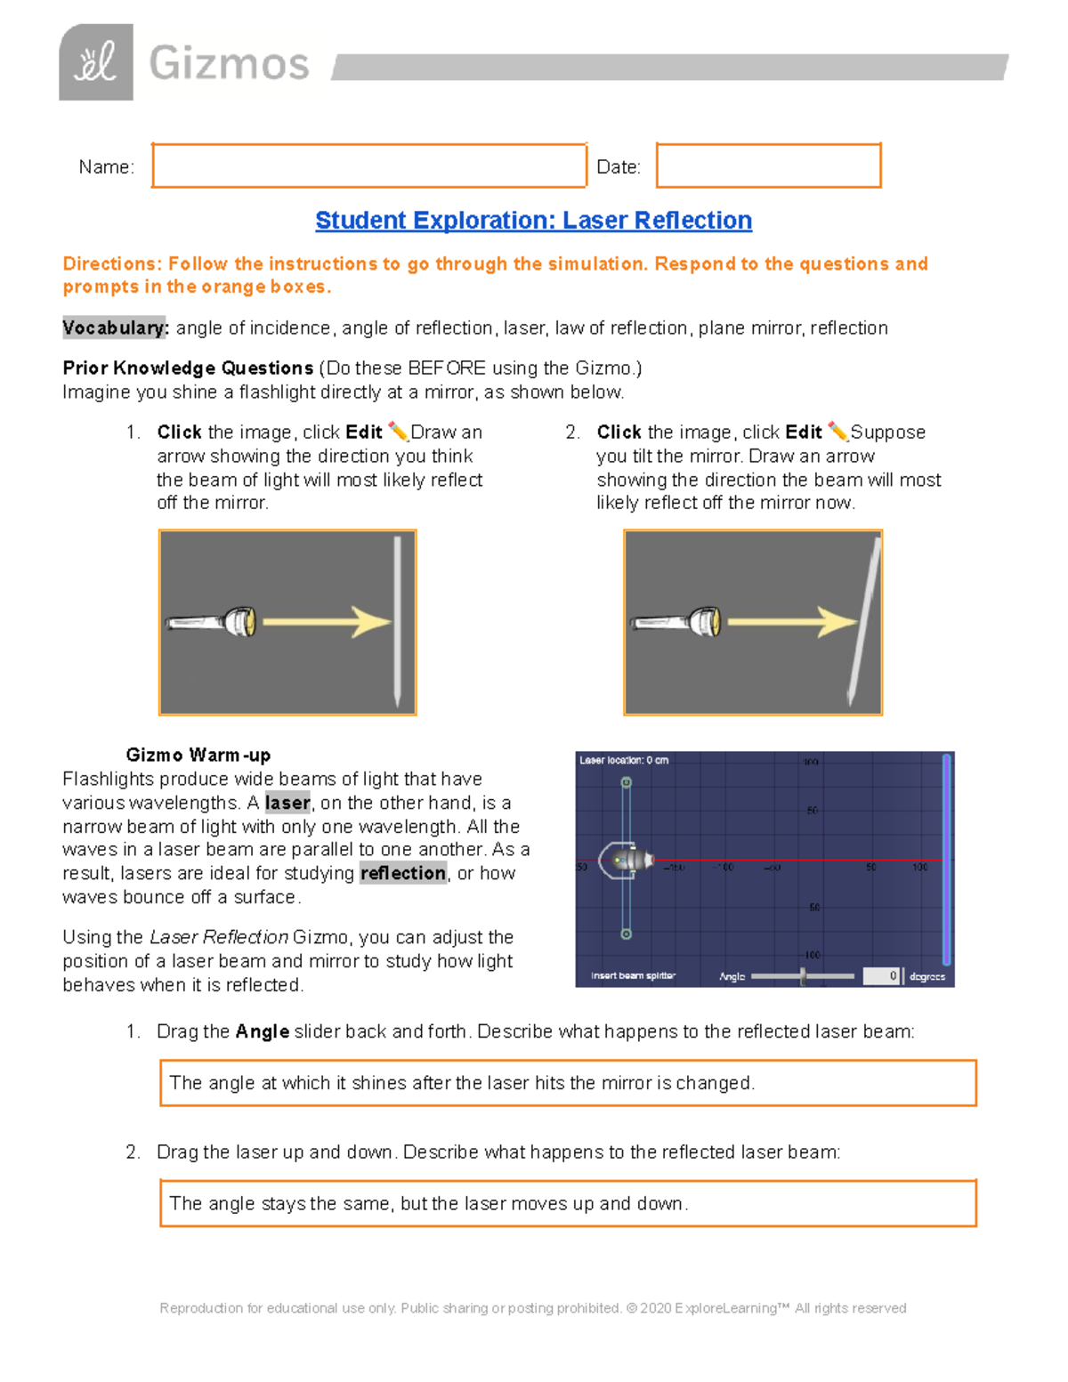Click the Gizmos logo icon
[96, 62]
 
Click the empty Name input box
[368, 166]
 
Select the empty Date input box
[768, 166]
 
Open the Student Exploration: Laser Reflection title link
[533, 220]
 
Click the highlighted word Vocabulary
[115, 327]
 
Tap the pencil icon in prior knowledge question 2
[837, 432]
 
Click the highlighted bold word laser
[287, 803]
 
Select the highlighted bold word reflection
[403, 873]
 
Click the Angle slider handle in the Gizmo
[803, 976]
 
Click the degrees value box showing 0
[882, 976]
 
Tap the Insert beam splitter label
[633, 976]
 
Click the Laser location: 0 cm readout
[624, 760]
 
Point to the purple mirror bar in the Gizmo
[946, 859]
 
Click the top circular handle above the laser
[627, 782]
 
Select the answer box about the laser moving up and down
[568, 1203]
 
